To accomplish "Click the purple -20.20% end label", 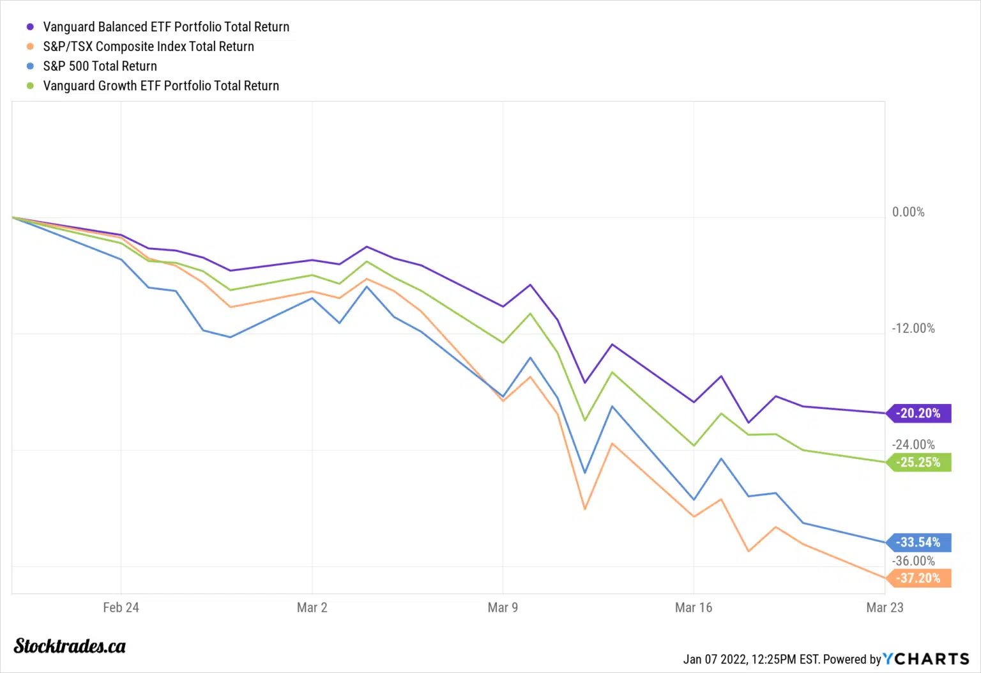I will [x=919, y=414].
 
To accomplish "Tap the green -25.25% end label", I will [x=919, y=462].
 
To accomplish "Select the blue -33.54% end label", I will [x=919, y=543].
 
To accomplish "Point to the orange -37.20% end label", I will [x=919, y=578].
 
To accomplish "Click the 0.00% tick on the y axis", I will [x=908, y=212].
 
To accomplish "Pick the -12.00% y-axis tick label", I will [x=913, y=329].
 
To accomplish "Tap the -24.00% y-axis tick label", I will [x=913, y=445].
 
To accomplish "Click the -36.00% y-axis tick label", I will [x=913, y=561].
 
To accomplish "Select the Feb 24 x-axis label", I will [x=121, y=608].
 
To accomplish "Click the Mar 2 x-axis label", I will [x=312, y=608].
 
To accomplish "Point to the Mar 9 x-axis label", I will [x=503, y=608].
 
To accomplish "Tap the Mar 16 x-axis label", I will [x=694, y=608].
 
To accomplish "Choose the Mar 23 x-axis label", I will [x=885, y=608].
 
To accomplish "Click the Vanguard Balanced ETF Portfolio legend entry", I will [x=166, y=27].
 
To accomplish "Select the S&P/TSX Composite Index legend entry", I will [x=148, y=47].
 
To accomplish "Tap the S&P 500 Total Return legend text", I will [x=100, y=66].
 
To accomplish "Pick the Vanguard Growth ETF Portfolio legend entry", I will [x=161, y=86].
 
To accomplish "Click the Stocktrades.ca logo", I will [x=70, y=646].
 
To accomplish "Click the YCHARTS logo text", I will [x=926, y=659].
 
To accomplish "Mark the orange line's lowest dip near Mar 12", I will [x=584, y=509].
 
